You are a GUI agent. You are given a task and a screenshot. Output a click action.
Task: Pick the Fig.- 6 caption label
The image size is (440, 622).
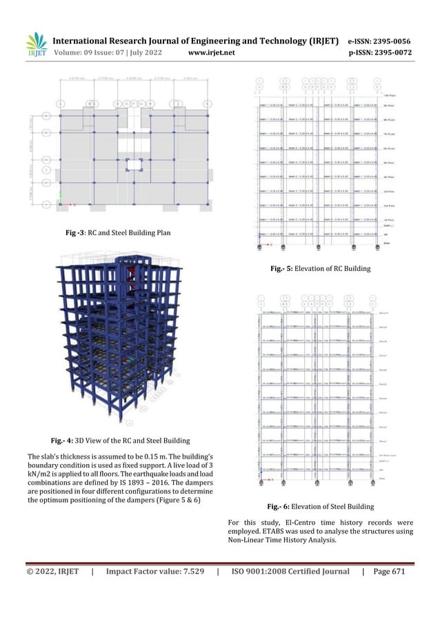coord(281,506)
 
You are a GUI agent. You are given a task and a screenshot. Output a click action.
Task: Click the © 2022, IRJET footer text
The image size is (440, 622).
coord(52,571)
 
